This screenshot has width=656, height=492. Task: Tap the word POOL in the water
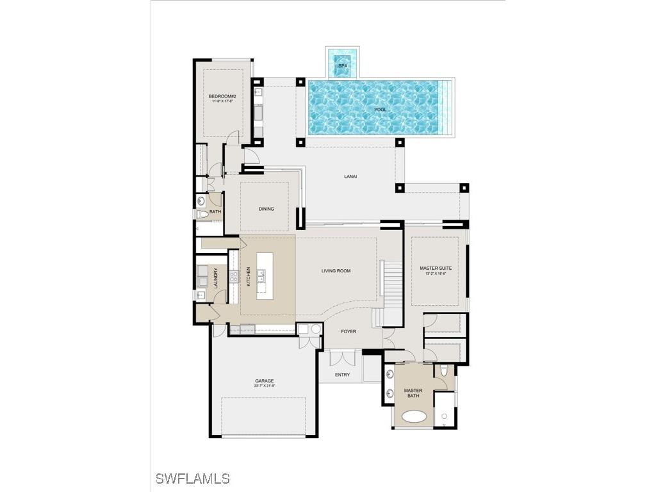tap(381, 110)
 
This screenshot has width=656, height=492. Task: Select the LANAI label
tap(350, 176)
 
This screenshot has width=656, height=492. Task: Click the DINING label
tap(266, 209)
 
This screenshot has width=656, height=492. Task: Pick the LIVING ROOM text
tap(336, 271)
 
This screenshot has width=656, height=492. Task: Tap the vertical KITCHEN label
tap(249, 276)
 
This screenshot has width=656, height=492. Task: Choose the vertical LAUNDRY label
tap(215, 276)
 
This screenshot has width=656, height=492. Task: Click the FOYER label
tap(348, 331)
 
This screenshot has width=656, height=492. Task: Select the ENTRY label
tap(342, 375)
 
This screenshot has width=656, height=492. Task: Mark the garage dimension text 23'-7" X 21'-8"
tap(264, 386)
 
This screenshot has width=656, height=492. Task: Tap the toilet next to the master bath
tap(445, 372)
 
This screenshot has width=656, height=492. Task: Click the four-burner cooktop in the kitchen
tap(234, 277)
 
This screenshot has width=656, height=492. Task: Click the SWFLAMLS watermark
tap(192, 479)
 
